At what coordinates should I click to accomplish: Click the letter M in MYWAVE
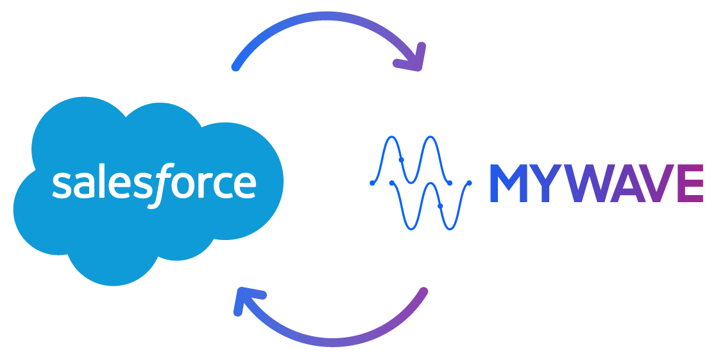coord(508,183)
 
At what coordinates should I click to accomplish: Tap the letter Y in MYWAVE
coord(545,183)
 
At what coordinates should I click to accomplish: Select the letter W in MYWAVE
coord(589,183)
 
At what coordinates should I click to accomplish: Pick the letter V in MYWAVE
coord(656,183)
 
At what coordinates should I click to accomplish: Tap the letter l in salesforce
coord(102,180)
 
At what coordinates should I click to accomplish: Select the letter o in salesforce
coord(184,185)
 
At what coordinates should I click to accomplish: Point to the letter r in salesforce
coord(205,185)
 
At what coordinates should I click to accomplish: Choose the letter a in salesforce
coord(84,185)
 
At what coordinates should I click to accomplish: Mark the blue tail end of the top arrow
coord(235,67)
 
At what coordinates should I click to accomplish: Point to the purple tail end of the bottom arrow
coord(424,291)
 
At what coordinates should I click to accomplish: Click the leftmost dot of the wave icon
coord(372,183)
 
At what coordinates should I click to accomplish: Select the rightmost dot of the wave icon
coord(469,183)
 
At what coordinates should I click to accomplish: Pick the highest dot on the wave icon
coord(401,160)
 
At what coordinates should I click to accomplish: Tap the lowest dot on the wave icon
coord(440,206)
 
